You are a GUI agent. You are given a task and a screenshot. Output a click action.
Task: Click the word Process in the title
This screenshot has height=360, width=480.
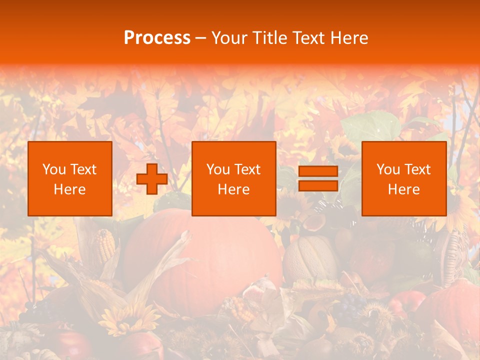pyautogui.click(x=157, y=38)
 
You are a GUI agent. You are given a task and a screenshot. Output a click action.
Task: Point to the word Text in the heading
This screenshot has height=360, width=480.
pyautogui.click(x=307, y=38)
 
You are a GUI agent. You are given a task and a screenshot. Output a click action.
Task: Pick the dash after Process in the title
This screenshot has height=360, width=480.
pyautogui.click(x=201, y=39)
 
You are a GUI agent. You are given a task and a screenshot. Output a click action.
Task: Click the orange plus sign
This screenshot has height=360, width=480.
pyautogui.click(x=152, y=178)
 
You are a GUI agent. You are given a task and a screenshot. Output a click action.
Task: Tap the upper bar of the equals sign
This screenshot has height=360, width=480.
pyautogui.click(x=318, y=171)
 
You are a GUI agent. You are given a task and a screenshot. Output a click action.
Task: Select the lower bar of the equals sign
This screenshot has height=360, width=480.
pyautogui.click(x=318, y=185)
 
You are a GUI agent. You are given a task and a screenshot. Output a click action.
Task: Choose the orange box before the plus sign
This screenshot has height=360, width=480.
pyautogui.click(x=69, y=178)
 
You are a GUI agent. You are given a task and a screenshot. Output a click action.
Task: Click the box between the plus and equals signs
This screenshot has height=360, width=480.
pyautogui.click(x=233, y=178)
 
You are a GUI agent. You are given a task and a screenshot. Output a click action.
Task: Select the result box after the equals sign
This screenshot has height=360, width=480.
pyautogui.click(x=403, y=178)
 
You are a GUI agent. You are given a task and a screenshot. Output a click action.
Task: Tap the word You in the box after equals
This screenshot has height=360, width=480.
pyautogui.click(x=387, y=169)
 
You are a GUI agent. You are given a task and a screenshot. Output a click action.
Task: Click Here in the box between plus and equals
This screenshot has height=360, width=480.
pyautogui.click(x=233, y=189)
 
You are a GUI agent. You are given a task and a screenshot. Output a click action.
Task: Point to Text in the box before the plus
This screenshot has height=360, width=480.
pyautogui.click(x=83, y=169)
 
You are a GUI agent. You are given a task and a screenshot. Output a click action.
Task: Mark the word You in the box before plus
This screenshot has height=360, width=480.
pyautogui.click(x=53, y=169)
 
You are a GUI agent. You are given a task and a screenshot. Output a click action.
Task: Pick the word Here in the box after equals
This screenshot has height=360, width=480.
pyautogui.click(x=403, y=189)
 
